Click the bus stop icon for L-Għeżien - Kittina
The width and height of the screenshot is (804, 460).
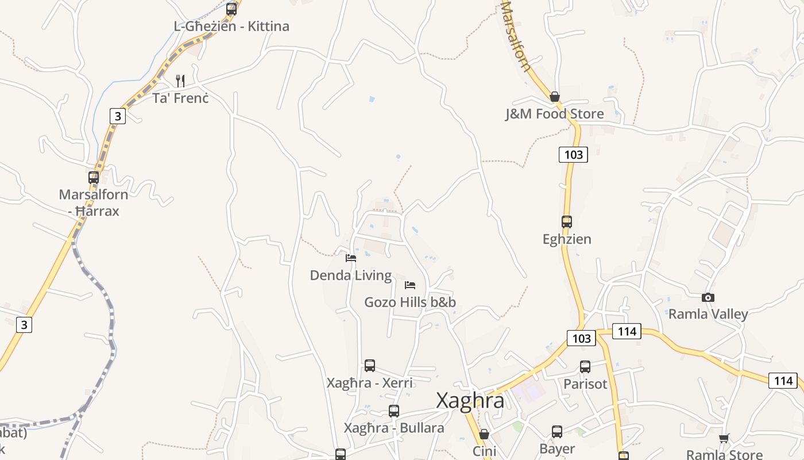pyautogui.click(x=231, y=9)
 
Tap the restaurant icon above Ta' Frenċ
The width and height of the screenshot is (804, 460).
pyautogui.click(x=180, y=80)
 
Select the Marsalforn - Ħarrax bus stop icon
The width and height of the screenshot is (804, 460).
pyautogui.click(x=94, y=177)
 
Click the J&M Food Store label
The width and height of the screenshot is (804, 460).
pyautogui.click(x=554, y=114)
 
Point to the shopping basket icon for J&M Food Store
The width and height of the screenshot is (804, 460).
pyautogui.click(x=554, y=97)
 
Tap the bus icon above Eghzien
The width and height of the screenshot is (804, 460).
pyautogui.click(x=567, y=221)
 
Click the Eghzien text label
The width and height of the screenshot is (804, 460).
pyautogui.click(x=567, y=239)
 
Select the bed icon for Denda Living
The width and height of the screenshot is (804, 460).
pyautogui.click(x=351, y=258)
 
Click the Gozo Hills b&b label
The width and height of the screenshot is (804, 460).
pyautogui.click(x=410, y=302)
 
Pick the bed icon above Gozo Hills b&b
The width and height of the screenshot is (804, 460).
pyautogui.click(x=410, y=285)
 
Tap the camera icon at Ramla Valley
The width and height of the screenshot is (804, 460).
pyautogui.click(x=708, y=297)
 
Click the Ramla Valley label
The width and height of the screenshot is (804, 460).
pyautogui.click(x=708, y=314)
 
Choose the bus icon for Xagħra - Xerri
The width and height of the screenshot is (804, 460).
pyautogui.click(x=370, y=365)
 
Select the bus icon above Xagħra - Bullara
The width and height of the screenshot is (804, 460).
pyautogui.click(x=394, y=411)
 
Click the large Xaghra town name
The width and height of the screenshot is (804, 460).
pyautogui.click(x=470, y=400)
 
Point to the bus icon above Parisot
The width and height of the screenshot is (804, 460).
pyautogui.click(x=585, y=366)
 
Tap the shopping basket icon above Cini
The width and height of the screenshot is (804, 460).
pyautogui.click(x=484, y=434)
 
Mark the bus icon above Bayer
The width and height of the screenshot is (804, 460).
pyautogui.click(x=557, y=431)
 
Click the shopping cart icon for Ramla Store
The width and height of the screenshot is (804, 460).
pyautogui.click(x=724, y=438)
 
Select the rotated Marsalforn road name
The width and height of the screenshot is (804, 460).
pyautogui.click(x=516, y=36)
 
